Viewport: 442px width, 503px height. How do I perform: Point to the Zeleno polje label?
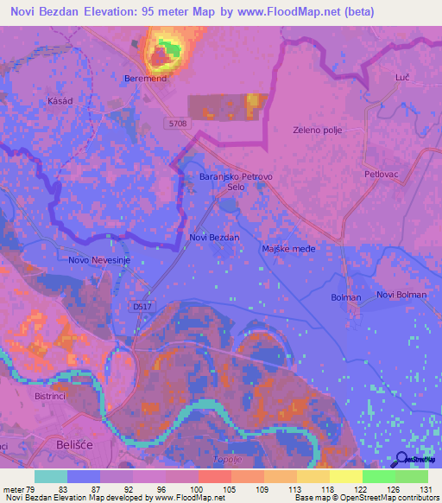click(319, 131)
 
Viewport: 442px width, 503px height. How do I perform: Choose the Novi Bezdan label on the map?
click(213, 236)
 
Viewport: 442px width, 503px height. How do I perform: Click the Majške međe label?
click(288, 249)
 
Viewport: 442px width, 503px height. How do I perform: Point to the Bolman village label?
click(345, 297)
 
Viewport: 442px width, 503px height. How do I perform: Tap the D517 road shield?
click(143, 306)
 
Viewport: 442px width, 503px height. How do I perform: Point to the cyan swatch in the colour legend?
click(51, 476)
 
